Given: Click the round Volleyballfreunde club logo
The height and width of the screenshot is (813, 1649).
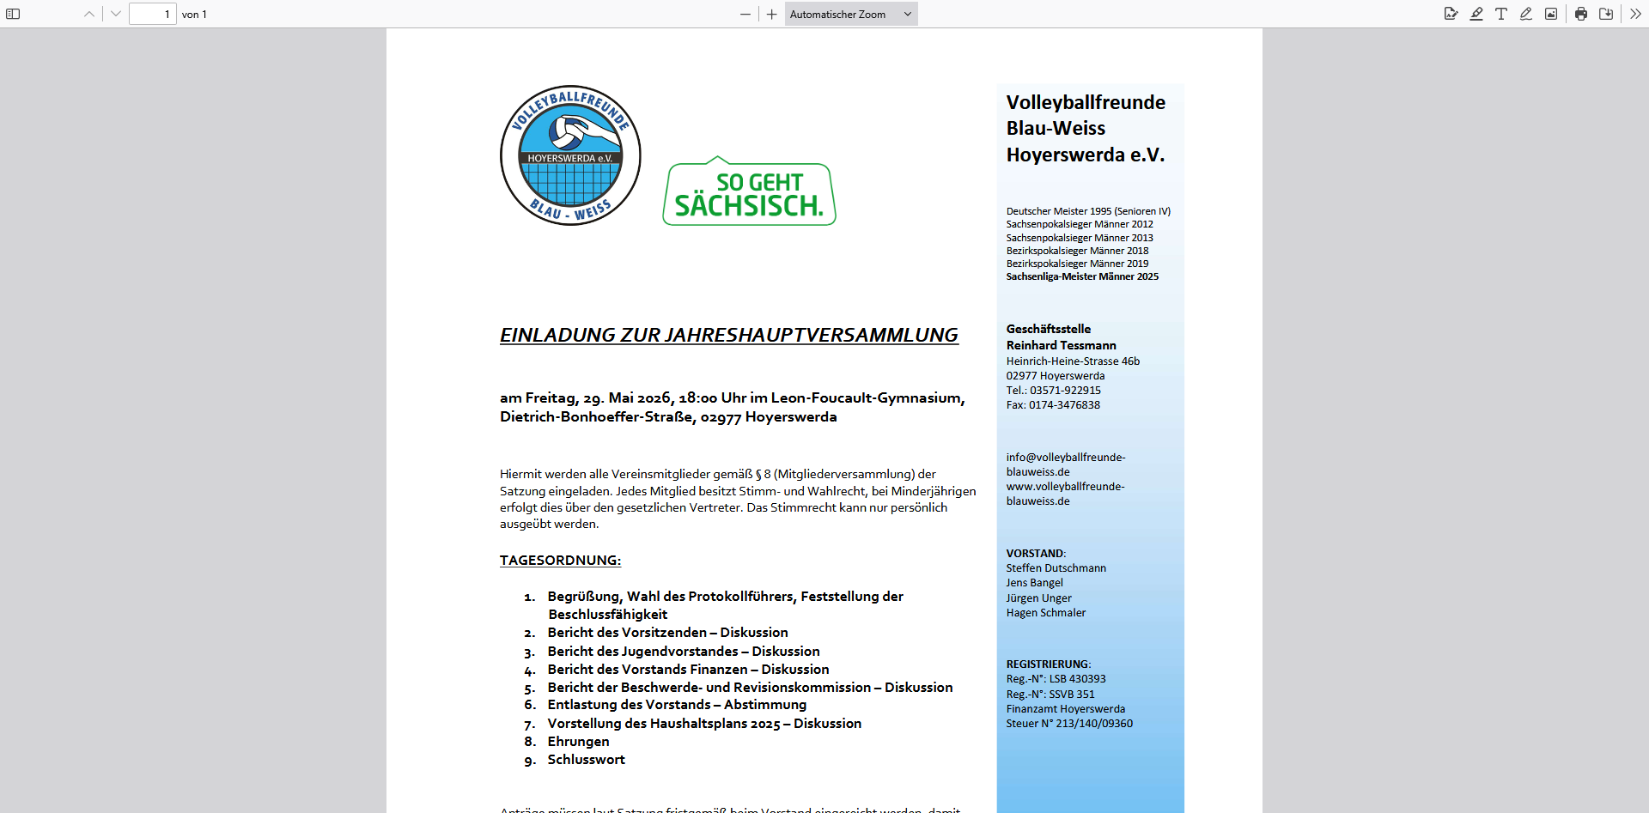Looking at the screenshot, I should click(x=570, y=155).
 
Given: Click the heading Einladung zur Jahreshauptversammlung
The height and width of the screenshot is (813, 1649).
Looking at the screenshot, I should click(x=728, y=335).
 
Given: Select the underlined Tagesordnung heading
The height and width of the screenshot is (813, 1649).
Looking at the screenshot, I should click(x=560, y=561).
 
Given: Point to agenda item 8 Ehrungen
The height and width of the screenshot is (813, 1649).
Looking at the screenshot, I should click(x=578, y=742).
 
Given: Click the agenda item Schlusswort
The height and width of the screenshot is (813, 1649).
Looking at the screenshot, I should click(x=586, y=760).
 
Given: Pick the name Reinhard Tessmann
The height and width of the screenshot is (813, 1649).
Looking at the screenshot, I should click(x=1061, y=345).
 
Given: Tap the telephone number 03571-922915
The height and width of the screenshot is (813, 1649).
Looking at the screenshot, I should click(x=1065, y=391).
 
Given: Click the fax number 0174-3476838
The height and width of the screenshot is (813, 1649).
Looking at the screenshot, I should click(x=1064, y=405).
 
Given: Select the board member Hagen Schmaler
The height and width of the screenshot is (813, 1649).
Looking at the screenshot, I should click(x=1045, y=613).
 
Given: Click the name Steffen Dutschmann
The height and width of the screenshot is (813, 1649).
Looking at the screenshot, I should click(x=1056, y=568).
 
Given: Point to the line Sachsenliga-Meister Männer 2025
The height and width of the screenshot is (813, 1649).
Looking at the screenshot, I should click(x=1082, y=276).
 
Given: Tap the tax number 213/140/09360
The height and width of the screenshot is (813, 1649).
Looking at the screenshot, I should click(x=1093, y=724).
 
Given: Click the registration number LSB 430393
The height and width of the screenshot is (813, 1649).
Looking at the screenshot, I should click(x=1077, y=679).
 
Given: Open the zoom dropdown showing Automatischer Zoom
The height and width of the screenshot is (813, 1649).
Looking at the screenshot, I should click(x=850, y=14).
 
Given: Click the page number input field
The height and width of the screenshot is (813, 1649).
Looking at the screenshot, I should click(x=153, y=14).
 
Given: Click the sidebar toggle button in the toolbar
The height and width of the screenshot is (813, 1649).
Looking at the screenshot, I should click(x=13, y=14).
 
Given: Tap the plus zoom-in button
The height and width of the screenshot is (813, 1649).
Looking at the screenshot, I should click(x=772, y=14).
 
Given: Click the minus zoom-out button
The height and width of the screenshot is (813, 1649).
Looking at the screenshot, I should click(x=745, y=14).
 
